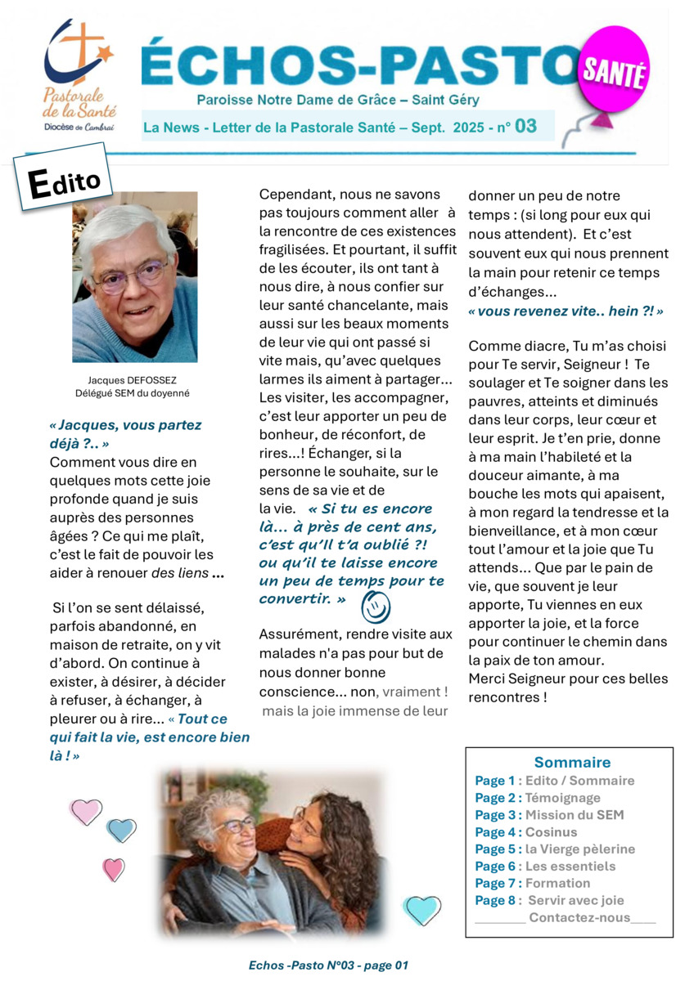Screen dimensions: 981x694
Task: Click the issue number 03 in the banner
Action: (x=525, y=126)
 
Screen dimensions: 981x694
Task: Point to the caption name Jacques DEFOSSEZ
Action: (x=134, y=379)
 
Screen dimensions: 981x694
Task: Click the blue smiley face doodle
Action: (x=376, y=607)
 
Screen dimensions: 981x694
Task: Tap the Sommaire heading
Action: (x=572, y=762)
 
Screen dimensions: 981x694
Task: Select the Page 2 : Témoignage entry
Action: (x=537, y=798)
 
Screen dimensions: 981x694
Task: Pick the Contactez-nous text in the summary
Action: (x=579, y=917)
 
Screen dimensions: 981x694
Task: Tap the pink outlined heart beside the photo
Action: (x=86, y=811)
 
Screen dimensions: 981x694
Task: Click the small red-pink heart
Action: (x=114, y=868)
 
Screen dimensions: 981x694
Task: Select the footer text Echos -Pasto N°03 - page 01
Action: (x=328, y=965)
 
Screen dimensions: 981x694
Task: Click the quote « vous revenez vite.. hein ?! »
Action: (x=566, y=311)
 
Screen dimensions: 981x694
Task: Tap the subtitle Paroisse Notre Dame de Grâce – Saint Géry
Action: (x=338, y=100)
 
